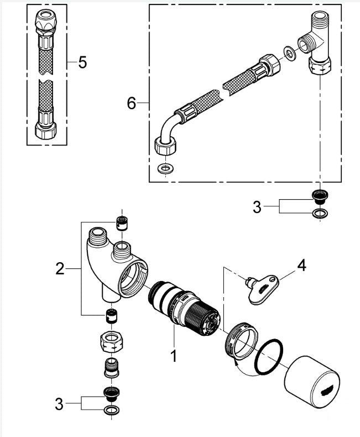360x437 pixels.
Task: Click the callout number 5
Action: click(x=82, y=62)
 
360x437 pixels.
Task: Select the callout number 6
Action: click(x=132, y=103)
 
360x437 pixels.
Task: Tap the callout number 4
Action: click(x=301, y=266)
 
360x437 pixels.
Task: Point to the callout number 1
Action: click(x=174, y=355)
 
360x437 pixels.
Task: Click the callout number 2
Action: click(x=60, y=269)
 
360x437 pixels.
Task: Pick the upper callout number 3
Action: click(x=256, y=207)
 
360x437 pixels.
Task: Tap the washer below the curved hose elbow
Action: click(x=164, y=168)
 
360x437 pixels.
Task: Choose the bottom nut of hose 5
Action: click(x=45, y=129)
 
